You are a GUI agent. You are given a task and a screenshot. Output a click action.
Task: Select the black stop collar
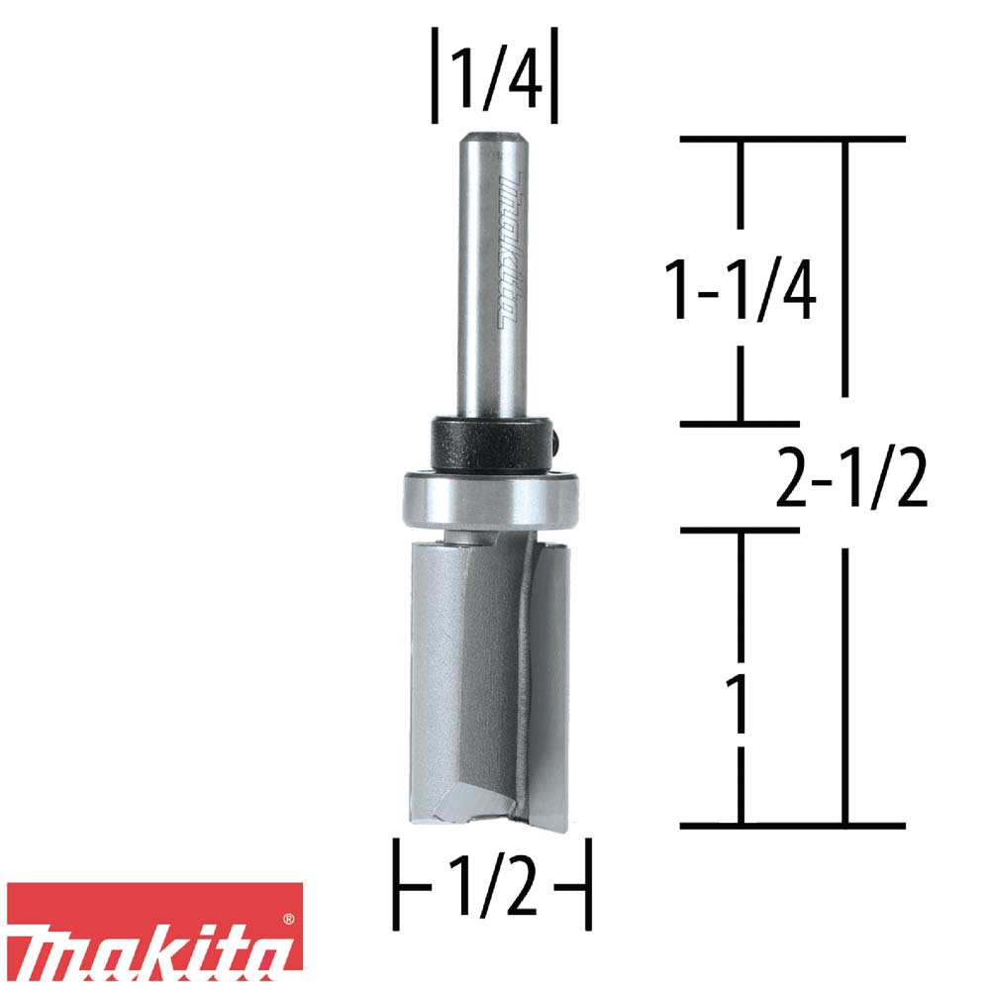click(x=489, y=445)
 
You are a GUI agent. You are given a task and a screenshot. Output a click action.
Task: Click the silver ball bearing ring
click(x=489, y=500)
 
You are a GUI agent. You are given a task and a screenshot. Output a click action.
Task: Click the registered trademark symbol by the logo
click(x=288, y=921)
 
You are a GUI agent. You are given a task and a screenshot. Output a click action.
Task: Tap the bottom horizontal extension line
click(x=792, y=825)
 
